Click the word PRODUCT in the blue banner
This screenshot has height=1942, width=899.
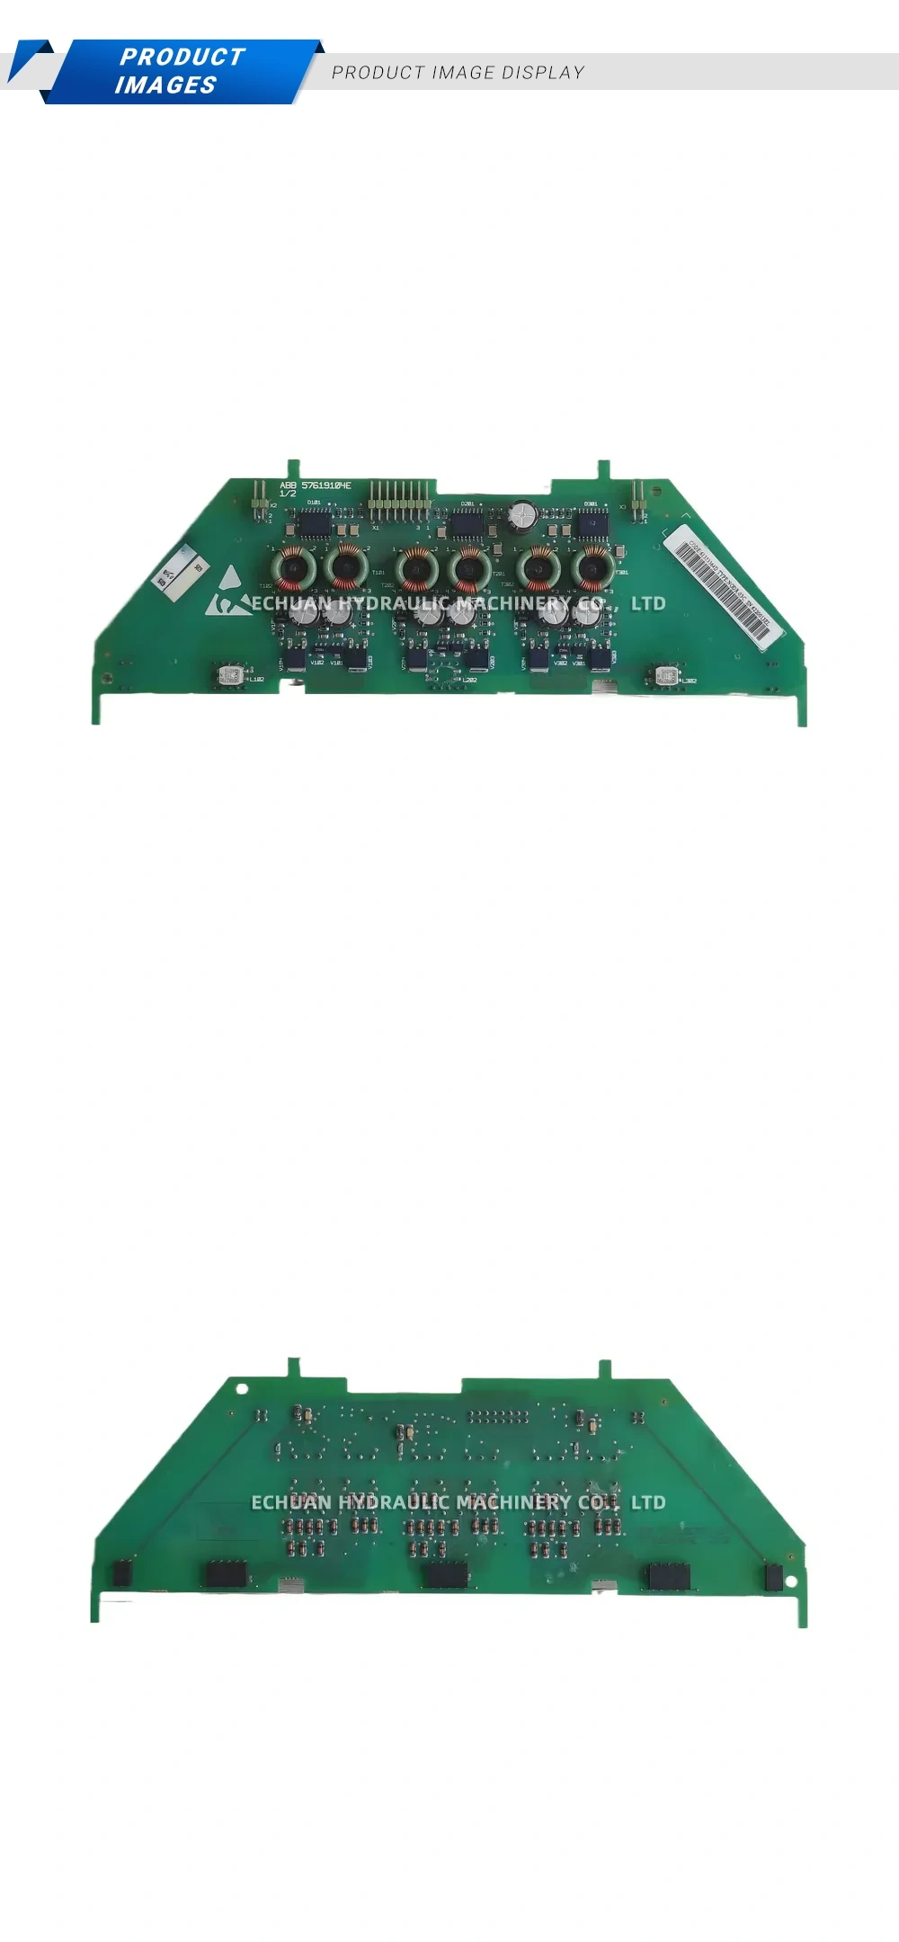click(x=182, y=57)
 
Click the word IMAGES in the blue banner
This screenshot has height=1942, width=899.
click(x=165, y=85)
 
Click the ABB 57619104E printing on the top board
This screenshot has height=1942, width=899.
click(x=315, y=485)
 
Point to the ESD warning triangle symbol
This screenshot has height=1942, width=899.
click(x=228, y=584)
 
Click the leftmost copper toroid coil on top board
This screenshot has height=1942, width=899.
click(x=293, y=567)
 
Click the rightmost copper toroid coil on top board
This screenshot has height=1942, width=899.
click(x=592, y=567)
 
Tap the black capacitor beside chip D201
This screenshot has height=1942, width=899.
click(x=522, y=514)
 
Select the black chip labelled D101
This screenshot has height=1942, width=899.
click(x=315, y=521)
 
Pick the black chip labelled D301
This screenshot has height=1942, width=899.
click(x=592, y=521)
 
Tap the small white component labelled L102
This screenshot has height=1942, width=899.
click(x=229, y=676)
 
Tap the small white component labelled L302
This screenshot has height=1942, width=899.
click(x=666, y=676)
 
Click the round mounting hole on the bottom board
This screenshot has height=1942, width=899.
click(x=242, y=1388)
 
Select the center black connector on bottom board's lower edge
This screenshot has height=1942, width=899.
click(x=446, y=1574)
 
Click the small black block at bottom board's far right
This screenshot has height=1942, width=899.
click(x=772, y=1576)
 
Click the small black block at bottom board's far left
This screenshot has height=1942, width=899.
click(x=121, y=1573)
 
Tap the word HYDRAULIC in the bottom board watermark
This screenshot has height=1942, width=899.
click(x=395, y=1501)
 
